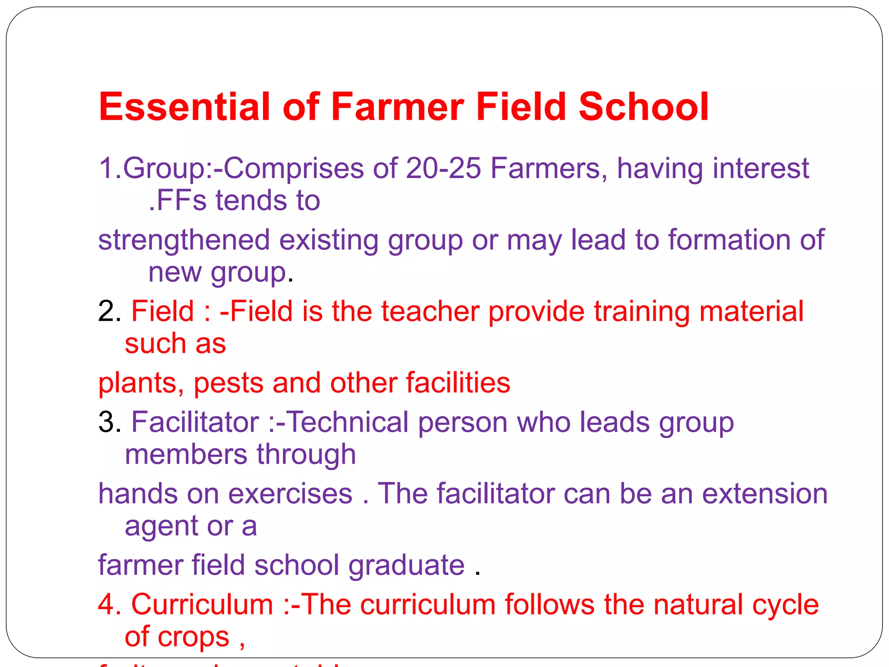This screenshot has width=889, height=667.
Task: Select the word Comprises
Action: coord(293,169)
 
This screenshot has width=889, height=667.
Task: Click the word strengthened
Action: coord(184,240)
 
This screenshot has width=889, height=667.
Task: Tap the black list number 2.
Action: coord(107,311)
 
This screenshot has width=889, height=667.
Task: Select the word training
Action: coord(642,312)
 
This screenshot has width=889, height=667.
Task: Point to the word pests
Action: coord(228,383)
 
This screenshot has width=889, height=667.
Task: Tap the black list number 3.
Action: coord(107,422)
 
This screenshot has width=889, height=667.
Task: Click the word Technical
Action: coord(348,422)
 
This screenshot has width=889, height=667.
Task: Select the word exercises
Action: coord(290,494)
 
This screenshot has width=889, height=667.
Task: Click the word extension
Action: coord(765,494)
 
